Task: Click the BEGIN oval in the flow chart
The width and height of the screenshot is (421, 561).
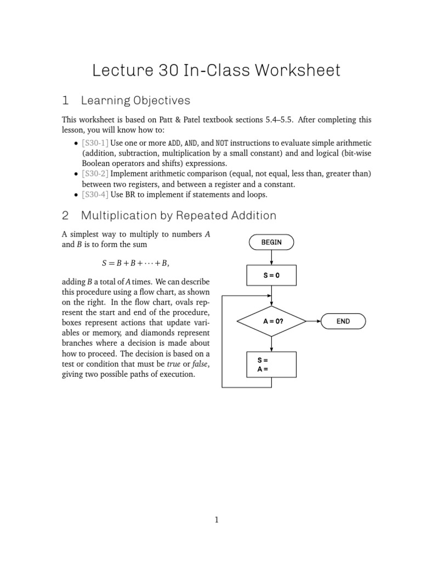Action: coord(271,242)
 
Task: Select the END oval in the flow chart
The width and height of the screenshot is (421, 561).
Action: coord(343,322)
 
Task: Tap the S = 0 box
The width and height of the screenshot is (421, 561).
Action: coord(271,276)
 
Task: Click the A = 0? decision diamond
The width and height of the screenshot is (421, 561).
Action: coord(271,322)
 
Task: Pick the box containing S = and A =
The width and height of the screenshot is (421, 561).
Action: coord(271,365)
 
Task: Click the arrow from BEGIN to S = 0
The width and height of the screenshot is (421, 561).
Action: coord(271,257)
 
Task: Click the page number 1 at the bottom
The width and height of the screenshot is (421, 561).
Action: coord(216,520)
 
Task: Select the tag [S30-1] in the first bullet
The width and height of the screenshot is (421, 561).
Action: coord(95,142)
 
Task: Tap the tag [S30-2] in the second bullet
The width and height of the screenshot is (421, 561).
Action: coord(95,174)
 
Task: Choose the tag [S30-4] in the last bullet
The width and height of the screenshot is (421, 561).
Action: coord(95,194)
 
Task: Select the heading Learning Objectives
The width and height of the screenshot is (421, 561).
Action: coord(135,100)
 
